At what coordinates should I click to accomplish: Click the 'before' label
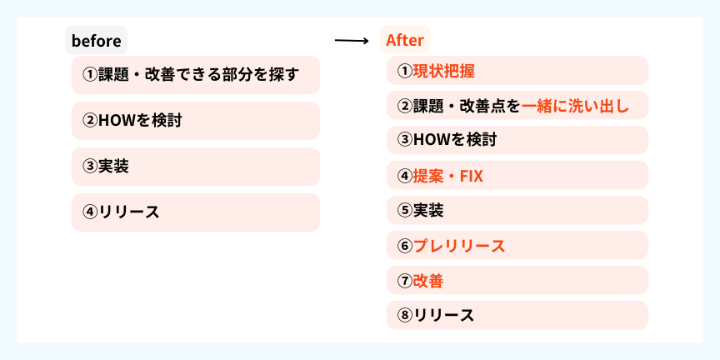[x=97, y=40]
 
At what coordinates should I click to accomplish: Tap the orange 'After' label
[x=404, y=40]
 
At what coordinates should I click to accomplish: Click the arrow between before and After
[x=352, y=41]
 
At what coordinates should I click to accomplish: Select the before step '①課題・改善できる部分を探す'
[x=196, y=75]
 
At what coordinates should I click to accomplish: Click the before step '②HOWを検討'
[x=196, y=121]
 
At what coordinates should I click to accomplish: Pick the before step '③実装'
[x=196, y=167]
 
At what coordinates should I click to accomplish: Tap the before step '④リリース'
[x=196, y=212]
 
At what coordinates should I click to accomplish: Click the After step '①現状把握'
[x=517, y=71]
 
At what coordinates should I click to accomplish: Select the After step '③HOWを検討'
[x=517, y=140]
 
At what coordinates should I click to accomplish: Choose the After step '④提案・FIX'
[x=517, y=175]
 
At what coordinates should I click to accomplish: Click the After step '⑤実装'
[x=517, y=210]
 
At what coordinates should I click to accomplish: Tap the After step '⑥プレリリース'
[x=517, y=245]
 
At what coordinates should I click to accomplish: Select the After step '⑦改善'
[x=517, y=280]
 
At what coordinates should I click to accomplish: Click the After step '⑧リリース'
[x=517, y=315]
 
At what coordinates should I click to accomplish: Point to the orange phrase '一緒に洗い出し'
[x=575, y=106]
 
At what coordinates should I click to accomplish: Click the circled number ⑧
[x=405, y=316]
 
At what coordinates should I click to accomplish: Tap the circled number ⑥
[x=405, y=246]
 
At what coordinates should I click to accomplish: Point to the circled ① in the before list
[x=91, y=75]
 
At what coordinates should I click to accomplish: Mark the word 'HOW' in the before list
[x=115, y=121]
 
